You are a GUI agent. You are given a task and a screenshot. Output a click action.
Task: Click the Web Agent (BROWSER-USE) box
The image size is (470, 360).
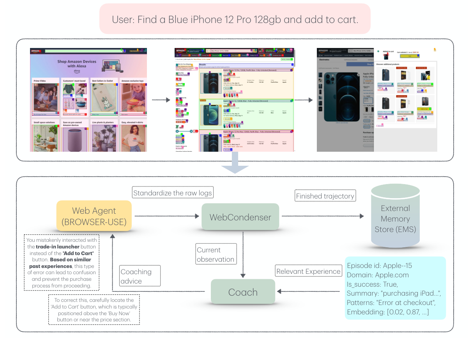pos(94,216)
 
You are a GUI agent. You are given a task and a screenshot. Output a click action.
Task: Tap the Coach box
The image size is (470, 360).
pos(243,292)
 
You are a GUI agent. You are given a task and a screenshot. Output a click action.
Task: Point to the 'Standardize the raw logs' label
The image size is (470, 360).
pos(173,193)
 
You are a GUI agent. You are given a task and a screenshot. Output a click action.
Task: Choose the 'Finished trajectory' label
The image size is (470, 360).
pos(325,196)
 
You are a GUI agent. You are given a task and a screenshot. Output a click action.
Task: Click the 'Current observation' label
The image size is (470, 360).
pos(216,254)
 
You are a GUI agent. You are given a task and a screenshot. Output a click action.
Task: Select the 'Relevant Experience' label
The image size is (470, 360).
pos(308,271)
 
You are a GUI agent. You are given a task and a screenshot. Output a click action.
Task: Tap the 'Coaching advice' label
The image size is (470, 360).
pos(139,276)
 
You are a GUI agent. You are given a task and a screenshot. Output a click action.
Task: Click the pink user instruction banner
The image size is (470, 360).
pos(235,19)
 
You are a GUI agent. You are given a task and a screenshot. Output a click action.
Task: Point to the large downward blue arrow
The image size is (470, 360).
pos(235,164)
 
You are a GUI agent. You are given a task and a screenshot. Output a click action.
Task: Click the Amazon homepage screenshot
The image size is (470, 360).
pos(89,100)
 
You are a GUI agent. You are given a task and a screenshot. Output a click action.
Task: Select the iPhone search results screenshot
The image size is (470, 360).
pos(235,100)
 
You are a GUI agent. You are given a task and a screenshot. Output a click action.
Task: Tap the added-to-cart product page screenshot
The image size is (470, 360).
pos(377,100)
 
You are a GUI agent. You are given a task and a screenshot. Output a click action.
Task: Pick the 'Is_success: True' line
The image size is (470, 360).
pos(373,284)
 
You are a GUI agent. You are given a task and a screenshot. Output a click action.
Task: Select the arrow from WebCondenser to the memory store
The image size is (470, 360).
pos(323,216)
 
